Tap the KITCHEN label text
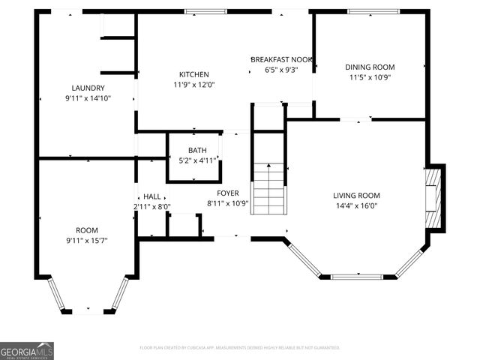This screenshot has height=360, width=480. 193,74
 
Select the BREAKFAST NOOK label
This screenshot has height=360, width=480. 280,59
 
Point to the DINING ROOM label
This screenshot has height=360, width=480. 368,67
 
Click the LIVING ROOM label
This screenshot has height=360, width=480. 356,196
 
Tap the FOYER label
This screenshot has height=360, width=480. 227,193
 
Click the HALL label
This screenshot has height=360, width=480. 152,196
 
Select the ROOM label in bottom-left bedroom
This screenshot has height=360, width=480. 87,230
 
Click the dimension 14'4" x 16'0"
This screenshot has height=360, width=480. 356,205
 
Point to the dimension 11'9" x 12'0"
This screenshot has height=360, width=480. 193,85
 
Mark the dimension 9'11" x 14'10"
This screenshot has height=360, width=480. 88,97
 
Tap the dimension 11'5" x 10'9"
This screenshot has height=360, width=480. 368,76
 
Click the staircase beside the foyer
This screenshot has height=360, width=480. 268,187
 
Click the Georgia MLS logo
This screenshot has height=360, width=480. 27,350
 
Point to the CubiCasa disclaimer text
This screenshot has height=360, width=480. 240,348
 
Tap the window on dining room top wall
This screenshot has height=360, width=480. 369,11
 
